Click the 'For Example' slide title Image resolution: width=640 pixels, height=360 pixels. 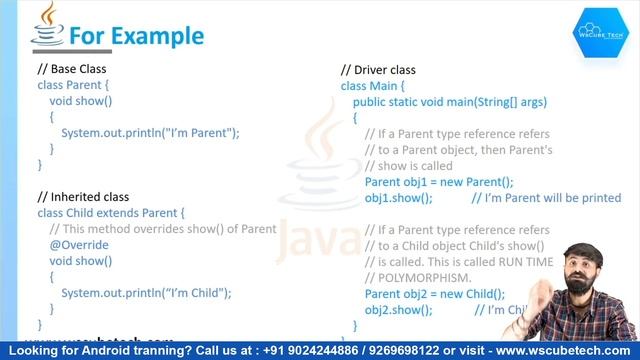point(135,36)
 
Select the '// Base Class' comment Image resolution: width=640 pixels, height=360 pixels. point(71,69)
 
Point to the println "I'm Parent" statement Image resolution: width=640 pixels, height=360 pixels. point(150,132)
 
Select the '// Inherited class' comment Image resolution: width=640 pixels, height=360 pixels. point(83,197)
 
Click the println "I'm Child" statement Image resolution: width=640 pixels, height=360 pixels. point(146,293)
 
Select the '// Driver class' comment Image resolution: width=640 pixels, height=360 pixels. point(378,70)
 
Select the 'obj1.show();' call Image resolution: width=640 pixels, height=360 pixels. point(398,198)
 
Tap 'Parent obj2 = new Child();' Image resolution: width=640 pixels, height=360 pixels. point(434,294)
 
